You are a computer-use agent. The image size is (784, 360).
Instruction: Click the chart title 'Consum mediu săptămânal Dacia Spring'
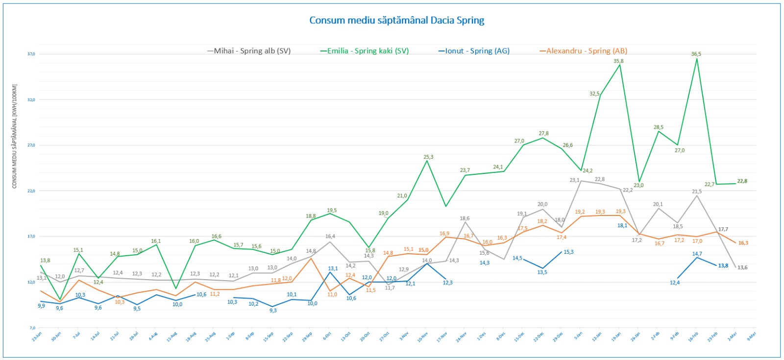click(x=396, y=21)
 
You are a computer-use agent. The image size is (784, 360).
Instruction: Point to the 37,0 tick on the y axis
click(x=31, y=54)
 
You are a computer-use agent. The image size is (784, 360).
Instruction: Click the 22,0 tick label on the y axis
click(x=31, y=191)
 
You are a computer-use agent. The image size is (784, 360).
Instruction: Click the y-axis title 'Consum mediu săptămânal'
click(x=15, y=136)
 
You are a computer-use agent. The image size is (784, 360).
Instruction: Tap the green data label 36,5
click(x=696, y=54)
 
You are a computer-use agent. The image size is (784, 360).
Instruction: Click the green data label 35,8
click(x=618, y=61)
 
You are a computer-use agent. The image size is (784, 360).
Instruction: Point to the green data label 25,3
click(x=428, y=157)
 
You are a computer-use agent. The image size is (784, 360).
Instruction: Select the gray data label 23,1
click(x=574, y=180)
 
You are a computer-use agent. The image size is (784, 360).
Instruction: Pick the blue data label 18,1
click(x=622, y=226)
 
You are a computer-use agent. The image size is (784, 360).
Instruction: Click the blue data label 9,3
click(x=273, y=311)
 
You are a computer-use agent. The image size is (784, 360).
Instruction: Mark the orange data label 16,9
click(x=444, y=234)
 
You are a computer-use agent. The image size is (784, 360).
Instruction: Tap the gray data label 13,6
click(x=742, y=267)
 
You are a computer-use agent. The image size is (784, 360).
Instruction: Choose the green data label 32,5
click(x=594, y=94)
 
